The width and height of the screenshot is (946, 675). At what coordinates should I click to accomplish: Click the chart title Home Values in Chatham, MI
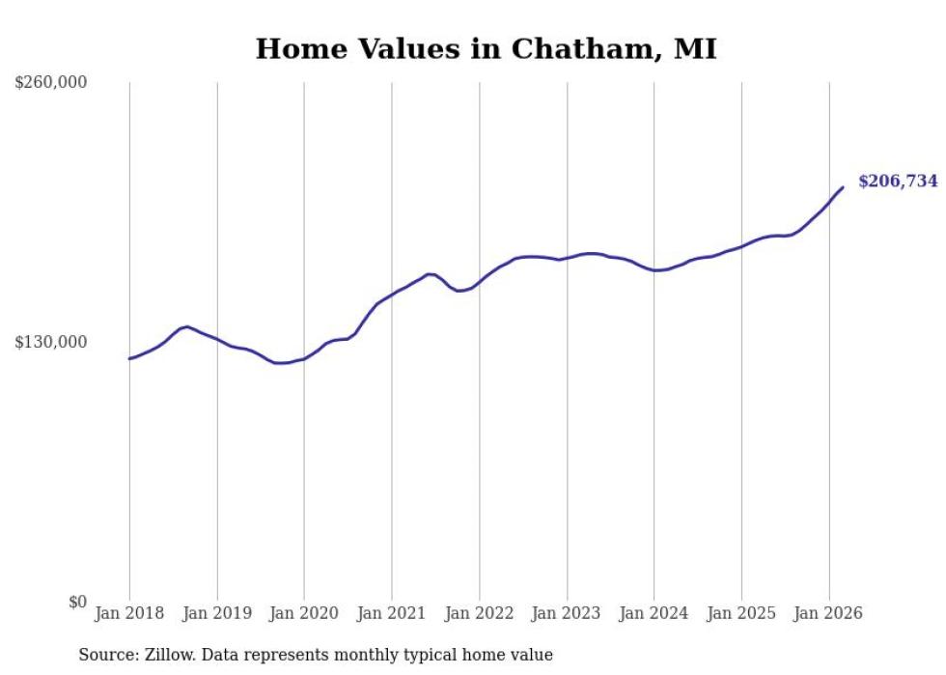486,48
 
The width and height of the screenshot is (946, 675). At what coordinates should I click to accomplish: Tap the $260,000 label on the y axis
51,83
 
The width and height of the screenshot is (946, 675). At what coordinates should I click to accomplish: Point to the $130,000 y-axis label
51,343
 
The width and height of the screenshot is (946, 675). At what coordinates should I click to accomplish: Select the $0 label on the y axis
77,603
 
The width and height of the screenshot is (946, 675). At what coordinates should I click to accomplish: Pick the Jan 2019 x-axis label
216,613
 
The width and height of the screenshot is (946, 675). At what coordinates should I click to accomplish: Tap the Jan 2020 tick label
304,613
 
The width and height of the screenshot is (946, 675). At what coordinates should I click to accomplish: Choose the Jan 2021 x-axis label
391,613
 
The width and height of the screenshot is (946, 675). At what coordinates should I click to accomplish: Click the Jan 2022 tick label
479,613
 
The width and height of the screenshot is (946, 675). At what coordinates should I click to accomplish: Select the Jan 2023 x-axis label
566,613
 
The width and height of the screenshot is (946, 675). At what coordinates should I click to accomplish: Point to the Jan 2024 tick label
654,613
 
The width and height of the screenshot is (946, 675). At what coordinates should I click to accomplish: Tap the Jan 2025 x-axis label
741,613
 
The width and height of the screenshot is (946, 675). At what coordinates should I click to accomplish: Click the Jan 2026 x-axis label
828,613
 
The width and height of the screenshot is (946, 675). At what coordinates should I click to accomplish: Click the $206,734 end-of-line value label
898,182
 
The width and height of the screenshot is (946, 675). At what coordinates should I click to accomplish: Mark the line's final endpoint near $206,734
843,187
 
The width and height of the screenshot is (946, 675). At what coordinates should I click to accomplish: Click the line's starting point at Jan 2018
129,358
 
